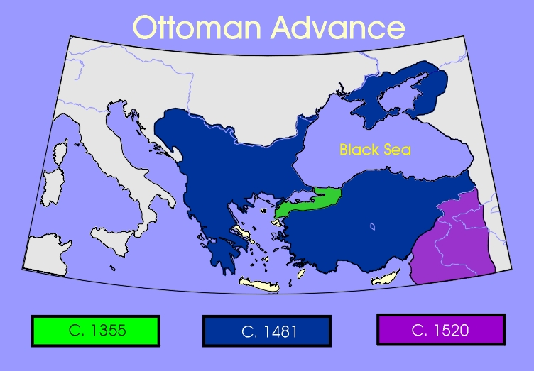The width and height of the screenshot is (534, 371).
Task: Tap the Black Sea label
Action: tap(375, 150)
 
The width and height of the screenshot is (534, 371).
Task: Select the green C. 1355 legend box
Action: tap(96, 331)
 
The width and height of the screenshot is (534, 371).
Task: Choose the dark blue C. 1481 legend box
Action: tap(266, 331)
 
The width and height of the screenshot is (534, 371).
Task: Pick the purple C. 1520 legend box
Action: tap(440, 330)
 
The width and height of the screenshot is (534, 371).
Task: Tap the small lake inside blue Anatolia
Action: tap(371, 227)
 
